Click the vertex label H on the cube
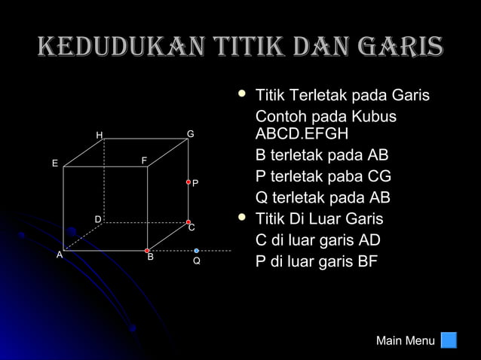(x=99, y=136)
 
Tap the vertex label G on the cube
(x=191, y=134)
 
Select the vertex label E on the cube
(x=54, y=163)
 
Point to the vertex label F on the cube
(x=144, y=160)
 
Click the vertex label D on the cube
(x=97, y=218)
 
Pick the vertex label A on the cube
(x=59, y=255)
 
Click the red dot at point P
(x=188, y=182)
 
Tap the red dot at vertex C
(x=188, y=222)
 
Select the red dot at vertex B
(x=147, y=250)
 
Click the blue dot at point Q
(x=196, y=250)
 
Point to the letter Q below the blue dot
(x=196, y=261)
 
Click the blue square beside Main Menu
(x=449, y=340)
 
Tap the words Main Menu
(x=405, y=341)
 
